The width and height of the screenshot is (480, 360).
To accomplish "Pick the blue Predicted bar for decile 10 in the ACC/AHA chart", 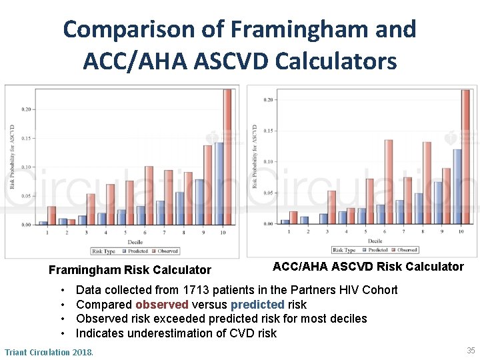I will (x=457, y=186).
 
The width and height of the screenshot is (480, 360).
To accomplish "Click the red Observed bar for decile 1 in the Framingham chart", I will (x=51, y=215).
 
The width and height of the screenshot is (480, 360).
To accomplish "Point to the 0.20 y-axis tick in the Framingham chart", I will (x=26, y=109).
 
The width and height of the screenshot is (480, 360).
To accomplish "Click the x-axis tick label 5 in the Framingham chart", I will (x=125, y=232).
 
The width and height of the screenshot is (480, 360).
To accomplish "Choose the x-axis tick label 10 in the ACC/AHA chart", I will (x=461, y=231).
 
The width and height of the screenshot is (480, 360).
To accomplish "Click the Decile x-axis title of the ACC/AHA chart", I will (x=375, y=240).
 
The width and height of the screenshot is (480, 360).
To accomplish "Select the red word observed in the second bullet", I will (x=161, y=305).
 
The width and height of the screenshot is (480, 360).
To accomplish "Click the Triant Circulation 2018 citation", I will (x=49, y=351).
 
